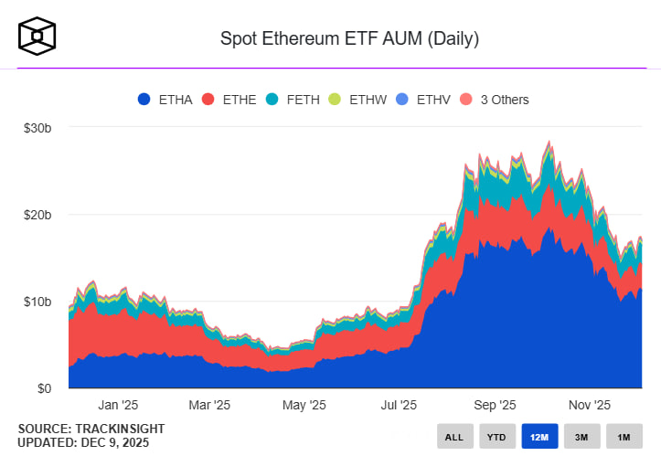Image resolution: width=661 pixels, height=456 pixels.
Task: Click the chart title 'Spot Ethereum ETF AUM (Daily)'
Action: coord(349,39)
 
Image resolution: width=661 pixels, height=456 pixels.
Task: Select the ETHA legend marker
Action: coord(144,100)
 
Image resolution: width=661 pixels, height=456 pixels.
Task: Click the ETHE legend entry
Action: coord(232,100)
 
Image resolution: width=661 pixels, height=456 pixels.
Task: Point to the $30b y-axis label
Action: coord(37,129)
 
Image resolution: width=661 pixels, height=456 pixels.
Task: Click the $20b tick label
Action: coord(37,216)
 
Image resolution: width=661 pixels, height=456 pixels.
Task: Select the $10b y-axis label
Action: coord(37,302)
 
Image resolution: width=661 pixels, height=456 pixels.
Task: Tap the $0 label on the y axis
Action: coord(44,388)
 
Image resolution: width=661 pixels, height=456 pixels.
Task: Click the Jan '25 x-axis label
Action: coord(118,405)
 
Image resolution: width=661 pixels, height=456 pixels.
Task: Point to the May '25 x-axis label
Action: coord(304,405)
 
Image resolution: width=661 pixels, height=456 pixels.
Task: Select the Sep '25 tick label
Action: coord(496,405)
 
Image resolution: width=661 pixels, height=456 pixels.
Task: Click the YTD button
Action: coord(496,437)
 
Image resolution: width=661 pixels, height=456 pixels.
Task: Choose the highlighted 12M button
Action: coord(539,437)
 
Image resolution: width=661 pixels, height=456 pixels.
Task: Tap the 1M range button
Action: coord(624,437)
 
